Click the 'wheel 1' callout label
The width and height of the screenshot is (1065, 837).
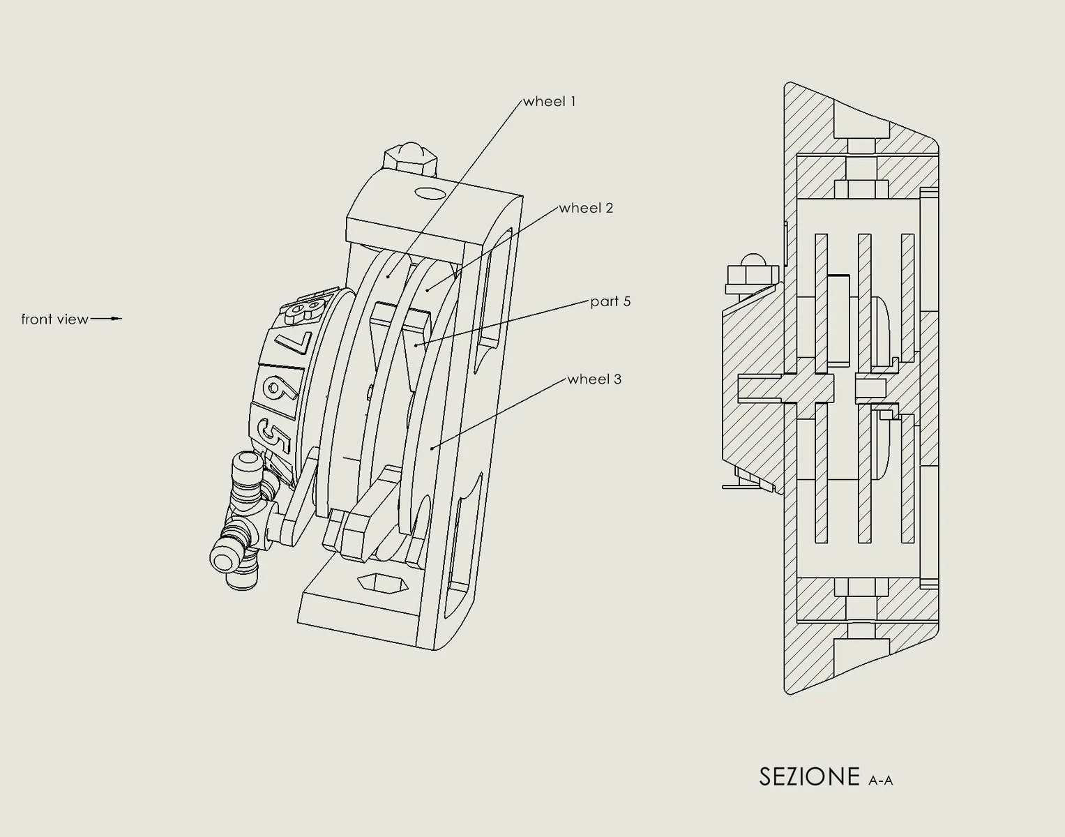coord(550,101)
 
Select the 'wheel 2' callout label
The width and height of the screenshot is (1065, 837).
coord(586,208)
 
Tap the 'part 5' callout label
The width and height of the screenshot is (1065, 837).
coord(610,301)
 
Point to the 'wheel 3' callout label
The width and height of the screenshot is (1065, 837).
coord(594,379)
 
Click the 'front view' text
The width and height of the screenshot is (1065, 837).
coord(54,319)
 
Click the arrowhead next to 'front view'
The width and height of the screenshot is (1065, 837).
coord(117,319)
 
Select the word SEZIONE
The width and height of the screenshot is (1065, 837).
coord(809,777)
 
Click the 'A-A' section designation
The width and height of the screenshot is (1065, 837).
coord(881,781)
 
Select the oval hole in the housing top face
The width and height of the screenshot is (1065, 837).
coord(430,193)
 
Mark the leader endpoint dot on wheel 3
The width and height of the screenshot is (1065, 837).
coord(432,448)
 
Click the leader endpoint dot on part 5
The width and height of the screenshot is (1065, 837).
coord(416,345)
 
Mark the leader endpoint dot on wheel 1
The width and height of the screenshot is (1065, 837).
coord(388,277)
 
